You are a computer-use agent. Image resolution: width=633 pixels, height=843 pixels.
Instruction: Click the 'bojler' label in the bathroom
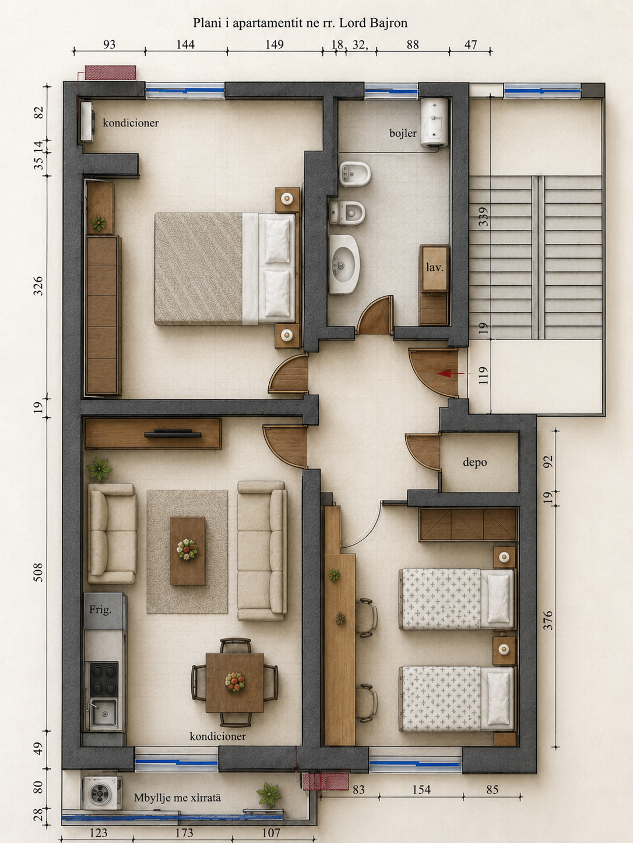[x=402, y=133]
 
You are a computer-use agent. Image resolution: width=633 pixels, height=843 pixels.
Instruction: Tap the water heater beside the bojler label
[x=434, y=123]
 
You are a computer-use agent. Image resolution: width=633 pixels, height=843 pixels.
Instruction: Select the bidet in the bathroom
[x=355, y=174]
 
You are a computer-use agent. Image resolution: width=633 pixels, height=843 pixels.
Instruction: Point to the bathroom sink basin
[x=344, y=265]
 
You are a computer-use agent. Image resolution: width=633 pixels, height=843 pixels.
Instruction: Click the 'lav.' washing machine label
[x=434, y=267]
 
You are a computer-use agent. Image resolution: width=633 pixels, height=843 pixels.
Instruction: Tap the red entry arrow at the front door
[x=453, y=373]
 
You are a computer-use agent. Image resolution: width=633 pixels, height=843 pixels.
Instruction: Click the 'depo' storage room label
[x=474, y=462]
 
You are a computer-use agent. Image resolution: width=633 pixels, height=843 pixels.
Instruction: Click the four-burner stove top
[x=104, y=678]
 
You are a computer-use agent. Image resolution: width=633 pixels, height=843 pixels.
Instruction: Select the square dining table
[x=235, y=682]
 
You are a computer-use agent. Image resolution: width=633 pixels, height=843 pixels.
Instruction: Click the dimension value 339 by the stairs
[x=484, y=217]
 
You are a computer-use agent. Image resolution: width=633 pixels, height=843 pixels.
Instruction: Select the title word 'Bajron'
[x=388, y=23]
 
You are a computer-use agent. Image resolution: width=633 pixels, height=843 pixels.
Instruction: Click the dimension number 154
[x=421, y=789]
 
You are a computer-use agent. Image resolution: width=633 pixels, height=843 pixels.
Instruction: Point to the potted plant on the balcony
[x=269, y=794]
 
